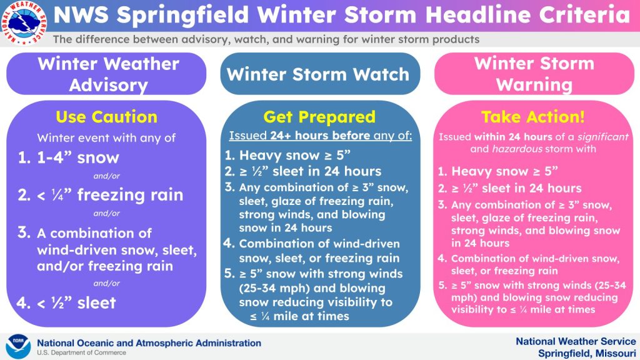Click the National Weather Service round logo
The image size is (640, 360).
[24, 22]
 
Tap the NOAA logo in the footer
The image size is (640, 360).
[18, 346]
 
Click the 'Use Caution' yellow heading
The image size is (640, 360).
[106, 117]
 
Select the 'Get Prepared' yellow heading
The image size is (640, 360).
[319, 117]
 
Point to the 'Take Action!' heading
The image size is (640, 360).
[533, 117]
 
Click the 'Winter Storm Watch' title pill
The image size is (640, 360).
[320, 74]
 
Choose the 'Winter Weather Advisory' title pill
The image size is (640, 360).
[106, 74]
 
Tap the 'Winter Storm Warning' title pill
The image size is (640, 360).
[534, 74]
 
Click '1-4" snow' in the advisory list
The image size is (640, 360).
[78, 157]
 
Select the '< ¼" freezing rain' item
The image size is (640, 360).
[110, 195]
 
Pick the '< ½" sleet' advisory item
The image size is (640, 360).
[76, 303]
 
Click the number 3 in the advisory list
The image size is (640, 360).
[24, 232]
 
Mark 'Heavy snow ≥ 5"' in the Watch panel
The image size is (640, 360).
[295, 155]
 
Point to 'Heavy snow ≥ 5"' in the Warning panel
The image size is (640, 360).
[504, 171]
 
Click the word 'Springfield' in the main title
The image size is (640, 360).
[182, 15]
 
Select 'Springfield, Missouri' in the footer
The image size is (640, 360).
[587, 353]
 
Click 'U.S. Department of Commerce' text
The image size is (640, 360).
[82, 352]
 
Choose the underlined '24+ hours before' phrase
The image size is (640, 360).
[320, 136]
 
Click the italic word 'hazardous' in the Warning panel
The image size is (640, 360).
[517, 149]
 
